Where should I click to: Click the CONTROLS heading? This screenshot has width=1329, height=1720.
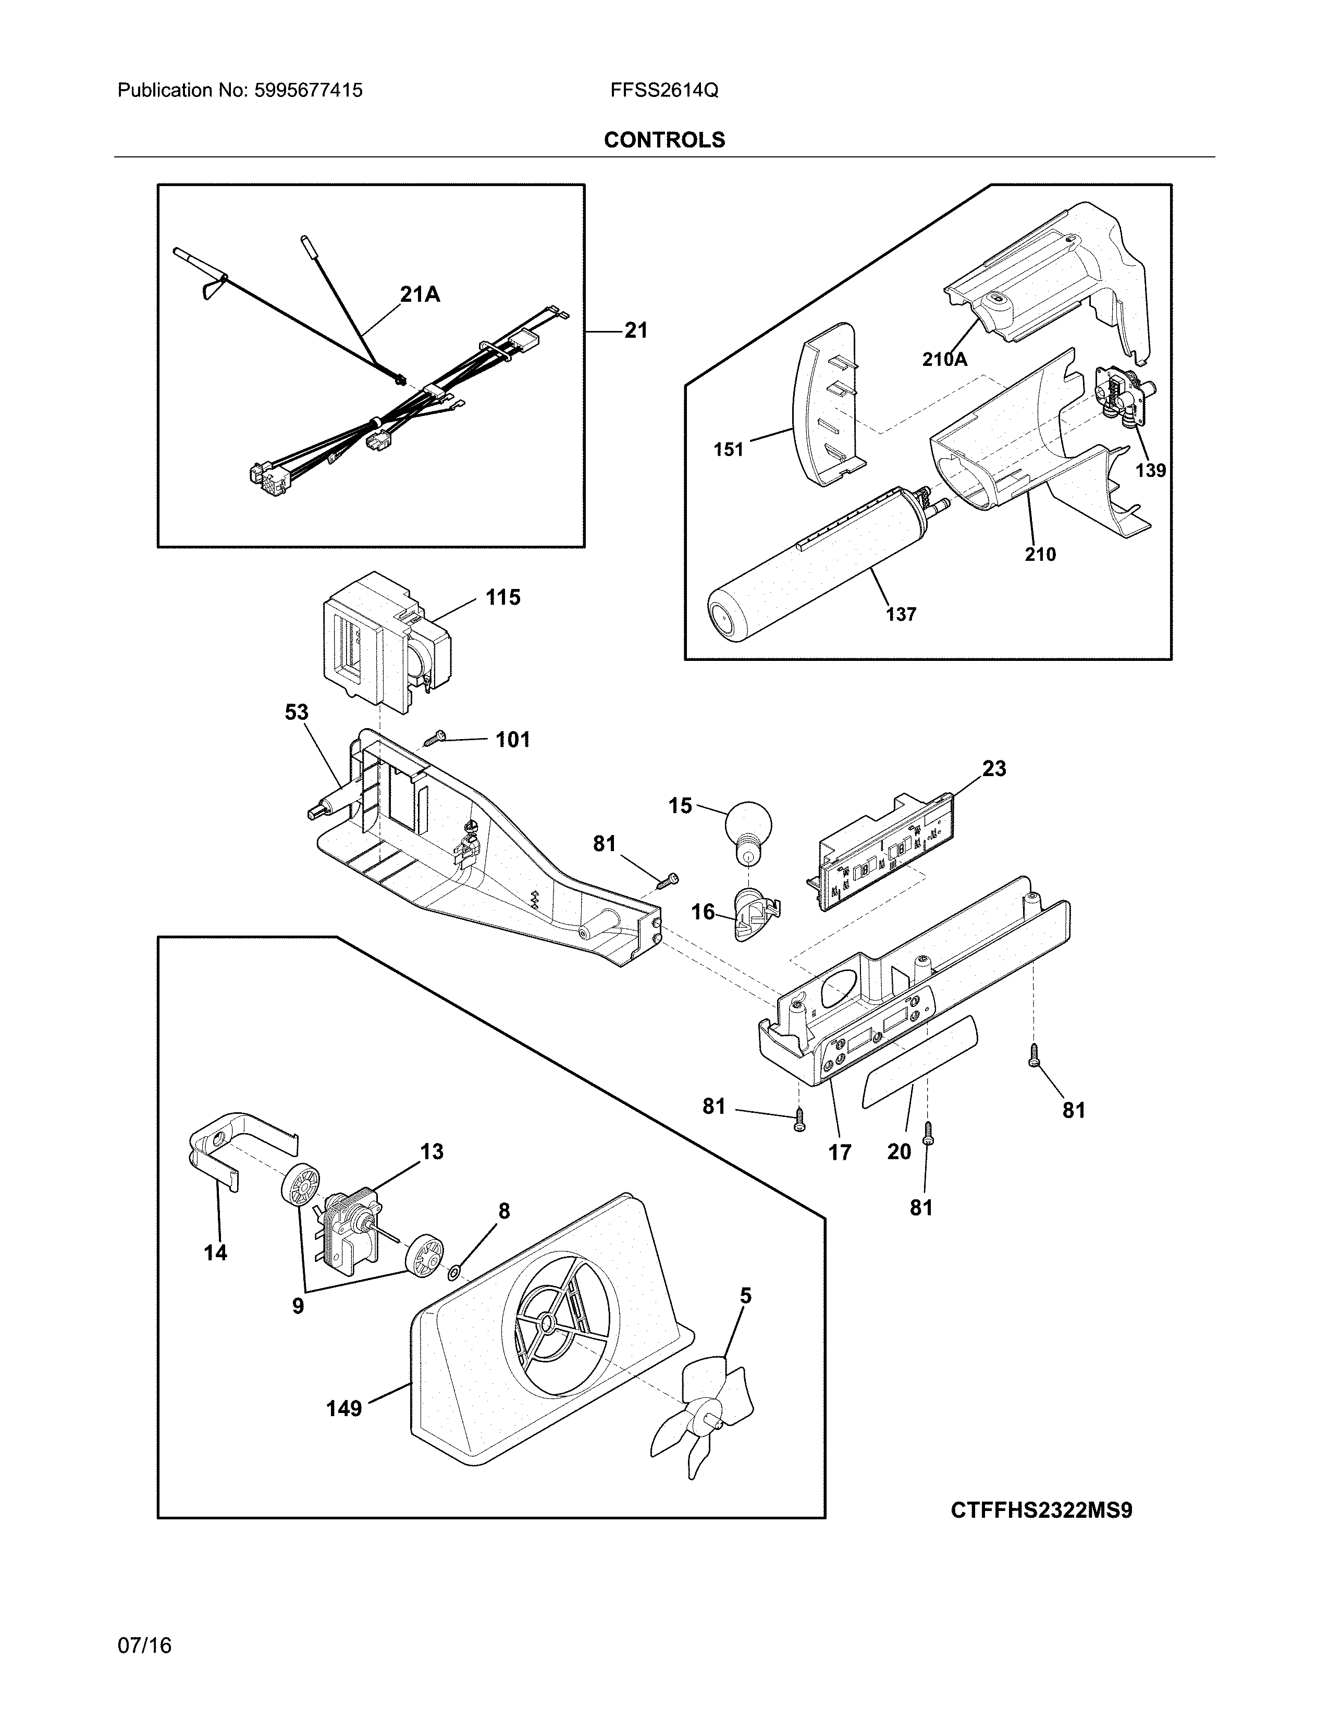[663, 140]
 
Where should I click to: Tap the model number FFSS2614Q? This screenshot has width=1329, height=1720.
[663, 91]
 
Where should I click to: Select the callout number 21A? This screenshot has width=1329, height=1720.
[420, 294]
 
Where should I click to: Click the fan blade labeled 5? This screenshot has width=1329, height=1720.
[703, 1418]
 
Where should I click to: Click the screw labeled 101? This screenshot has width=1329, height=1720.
[434, 738]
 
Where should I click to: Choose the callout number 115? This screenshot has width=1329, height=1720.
[502, 598]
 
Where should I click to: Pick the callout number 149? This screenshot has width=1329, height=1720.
[344, 1408]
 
